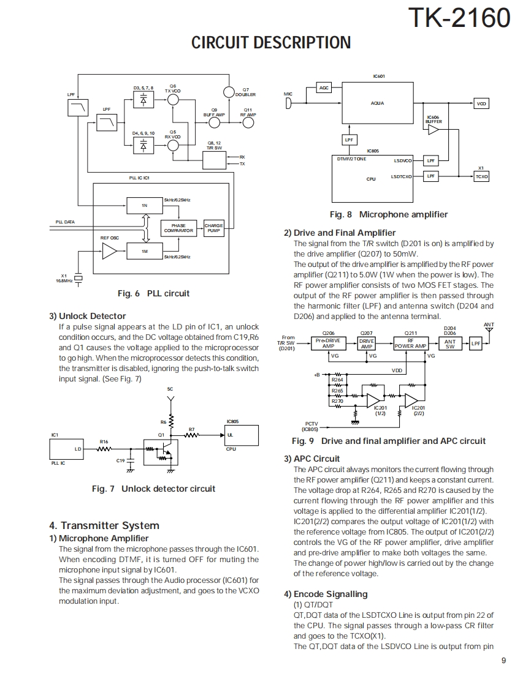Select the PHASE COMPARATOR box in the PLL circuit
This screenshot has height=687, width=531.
pos(178,228)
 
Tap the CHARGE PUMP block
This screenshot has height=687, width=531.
pos(213,228)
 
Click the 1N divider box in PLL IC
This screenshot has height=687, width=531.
pos(144,206)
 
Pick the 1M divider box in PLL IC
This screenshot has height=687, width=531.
pos(144,251)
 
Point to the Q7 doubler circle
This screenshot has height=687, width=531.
pos(229,92)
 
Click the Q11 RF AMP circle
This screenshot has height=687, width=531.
pos(248,122)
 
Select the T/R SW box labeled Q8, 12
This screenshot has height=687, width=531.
pos(214,160)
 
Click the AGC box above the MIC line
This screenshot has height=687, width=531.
pos(324,88)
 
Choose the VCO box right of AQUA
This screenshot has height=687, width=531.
pos(481,104)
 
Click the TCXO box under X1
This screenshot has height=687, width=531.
pos(481,176)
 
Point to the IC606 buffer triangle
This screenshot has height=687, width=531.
pos(434,129)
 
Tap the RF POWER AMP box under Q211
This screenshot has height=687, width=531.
pos(410,343)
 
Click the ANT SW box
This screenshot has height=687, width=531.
pos(450,344)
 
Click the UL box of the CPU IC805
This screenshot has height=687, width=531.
pos(240,435)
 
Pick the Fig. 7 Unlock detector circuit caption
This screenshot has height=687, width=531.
pos(153,489)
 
